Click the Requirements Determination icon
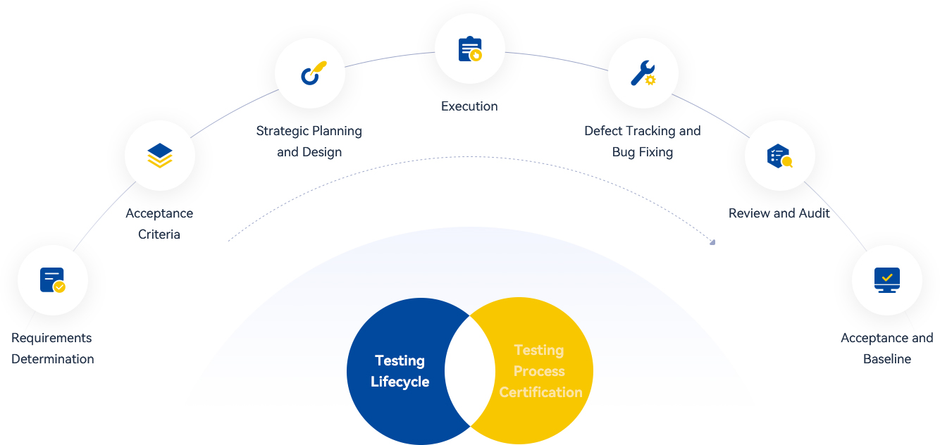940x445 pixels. coord(53,280)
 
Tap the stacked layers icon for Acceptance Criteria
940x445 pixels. coord(160,156)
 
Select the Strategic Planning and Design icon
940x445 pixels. coord(310,73)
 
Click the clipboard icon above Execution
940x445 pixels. coord(470,49)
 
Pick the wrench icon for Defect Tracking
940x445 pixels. coord(643,73)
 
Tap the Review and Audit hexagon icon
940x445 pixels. coord(779,156)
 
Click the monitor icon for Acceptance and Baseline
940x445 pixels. coord(887,280)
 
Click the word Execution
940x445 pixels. coord(469,106)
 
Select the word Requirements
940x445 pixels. coord(51,338)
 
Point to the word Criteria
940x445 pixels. coord(159,234)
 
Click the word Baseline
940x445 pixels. coord(887,359)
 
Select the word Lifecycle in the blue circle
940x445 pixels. coord(400,382)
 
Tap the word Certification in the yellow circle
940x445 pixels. coord(540,392)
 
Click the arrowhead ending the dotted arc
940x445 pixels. coord(712,242)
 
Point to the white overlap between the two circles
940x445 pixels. coord(470,371)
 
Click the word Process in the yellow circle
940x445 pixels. coord(539,371)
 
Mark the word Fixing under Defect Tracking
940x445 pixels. coord(655,152)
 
